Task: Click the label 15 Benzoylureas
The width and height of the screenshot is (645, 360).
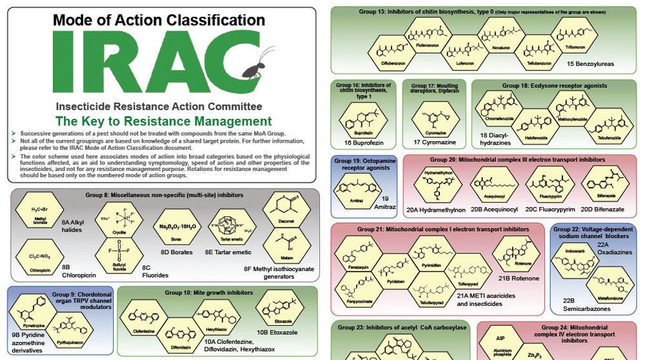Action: [x=590, y=64]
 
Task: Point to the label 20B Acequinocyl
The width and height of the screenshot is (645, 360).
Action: [x=494, y=209]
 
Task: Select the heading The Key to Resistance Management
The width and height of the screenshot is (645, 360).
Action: [x=163, y=121]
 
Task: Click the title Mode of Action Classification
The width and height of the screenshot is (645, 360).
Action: [x=159, y=21]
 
